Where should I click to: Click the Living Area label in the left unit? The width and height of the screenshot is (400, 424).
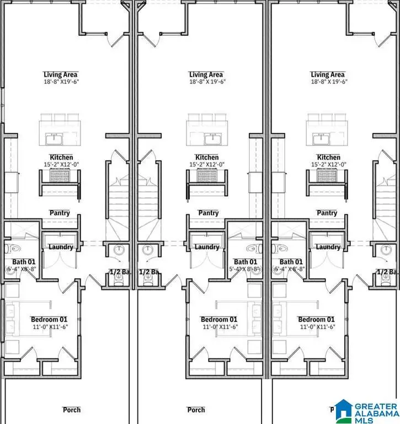pos(61,75)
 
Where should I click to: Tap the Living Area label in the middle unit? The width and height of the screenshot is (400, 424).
pos(206,75)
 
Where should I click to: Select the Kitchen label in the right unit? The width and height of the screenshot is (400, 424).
pos(328,157)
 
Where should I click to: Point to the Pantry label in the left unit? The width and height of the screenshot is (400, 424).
pos(60,213)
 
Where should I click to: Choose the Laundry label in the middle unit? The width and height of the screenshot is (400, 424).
pos(206,247)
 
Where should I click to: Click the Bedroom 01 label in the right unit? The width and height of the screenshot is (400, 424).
pos(316,320)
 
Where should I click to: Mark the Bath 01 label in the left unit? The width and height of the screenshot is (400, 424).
pos(24,262)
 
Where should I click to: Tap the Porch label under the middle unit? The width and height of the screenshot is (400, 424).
pos(196,410)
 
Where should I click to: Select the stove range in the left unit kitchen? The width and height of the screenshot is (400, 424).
pos(59,176)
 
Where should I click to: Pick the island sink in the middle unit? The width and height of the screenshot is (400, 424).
pos(210,137)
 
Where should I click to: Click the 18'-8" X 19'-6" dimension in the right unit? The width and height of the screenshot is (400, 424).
pos(328,82)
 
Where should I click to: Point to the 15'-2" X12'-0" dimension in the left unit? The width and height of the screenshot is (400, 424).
pos(61,164)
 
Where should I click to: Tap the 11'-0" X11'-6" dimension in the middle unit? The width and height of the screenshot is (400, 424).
pos(219,327)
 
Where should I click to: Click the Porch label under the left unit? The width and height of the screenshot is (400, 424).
pos(72,410)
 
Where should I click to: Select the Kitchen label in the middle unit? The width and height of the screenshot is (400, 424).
pos(207,157)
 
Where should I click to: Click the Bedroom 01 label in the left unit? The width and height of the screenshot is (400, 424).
pos(49,320)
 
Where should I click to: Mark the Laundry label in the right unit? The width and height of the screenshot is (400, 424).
pos(328,247)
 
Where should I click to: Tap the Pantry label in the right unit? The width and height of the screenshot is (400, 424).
pos(327,213)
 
